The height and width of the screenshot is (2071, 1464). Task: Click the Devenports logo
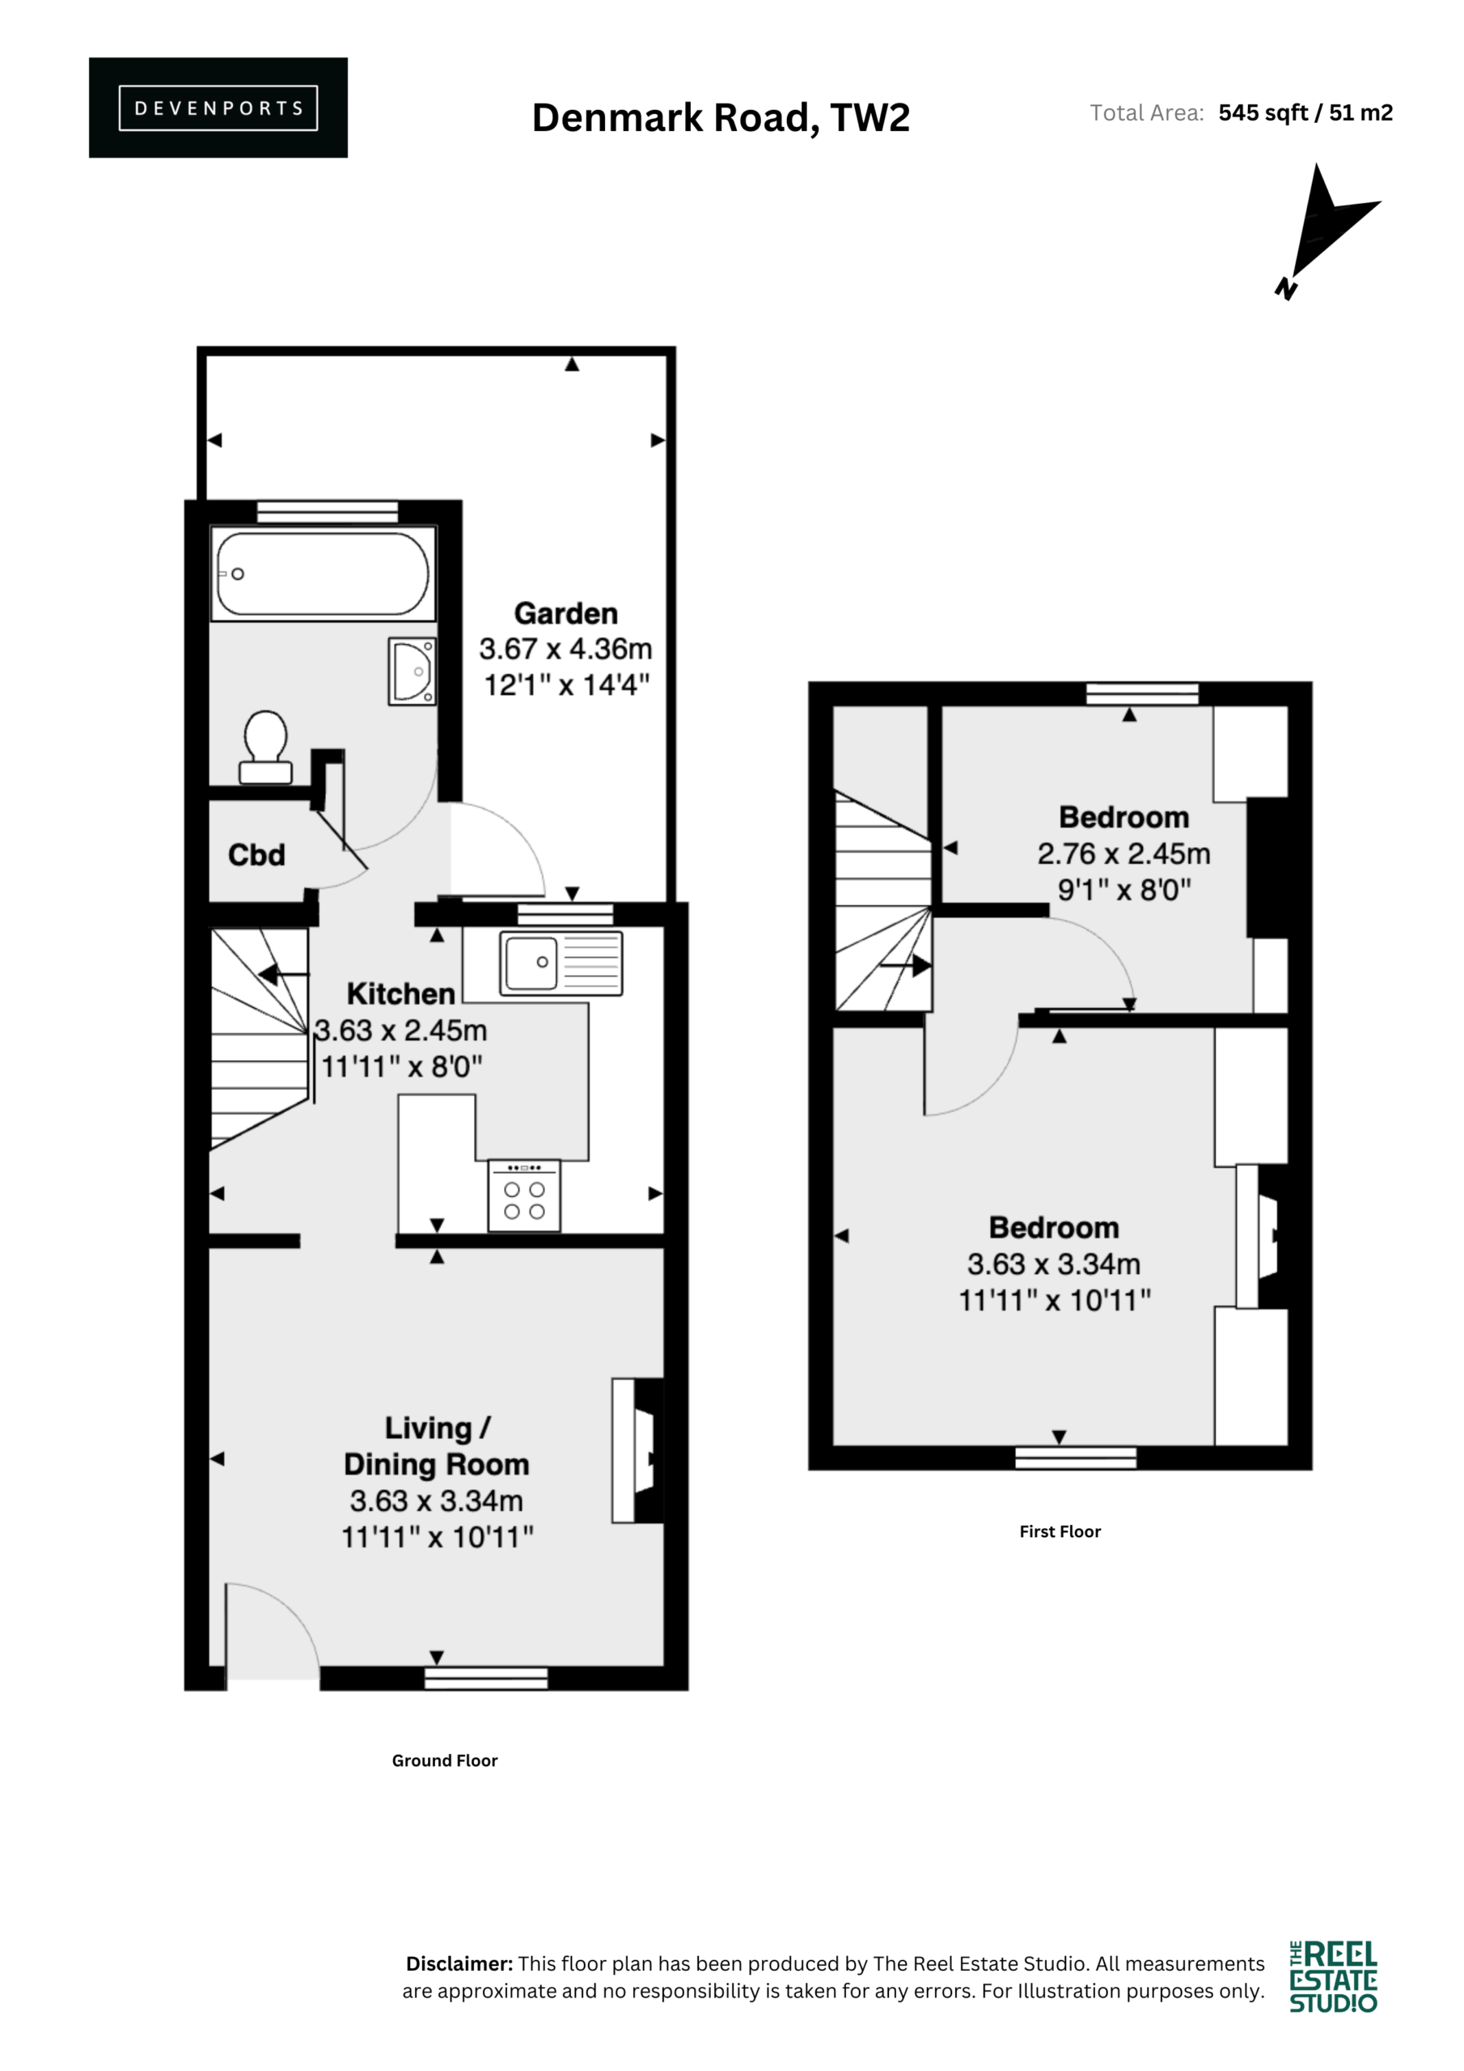tap(218, 108)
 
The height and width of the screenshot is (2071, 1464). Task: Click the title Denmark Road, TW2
tap(721, 118)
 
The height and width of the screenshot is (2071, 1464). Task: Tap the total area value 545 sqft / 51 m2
tap(1305, 112)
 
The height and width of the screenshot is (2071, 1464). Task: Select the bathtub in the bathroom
tap(323, 574)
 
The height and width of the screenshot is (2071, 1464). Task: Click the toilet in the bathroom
tap(265, 748)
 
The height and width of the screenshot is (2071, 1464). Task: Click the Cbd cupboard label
tap(256, 854)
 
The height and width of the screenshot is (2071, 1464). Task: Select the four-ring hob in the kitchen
tap(524, 1195)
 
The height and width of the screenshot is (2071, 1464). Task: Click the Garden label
tap(565, 613)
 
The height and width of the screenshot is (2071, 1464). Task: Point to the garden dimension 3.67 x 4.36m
tap(565, 649)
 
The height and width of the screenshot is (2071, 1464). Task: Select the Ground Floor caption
tap(445, 1760)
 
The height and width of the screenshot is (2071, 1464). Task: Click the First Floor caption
tap(1060, 1531)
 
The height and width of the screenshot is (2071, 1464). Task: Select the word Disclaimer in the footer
tap(460, 1963)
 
